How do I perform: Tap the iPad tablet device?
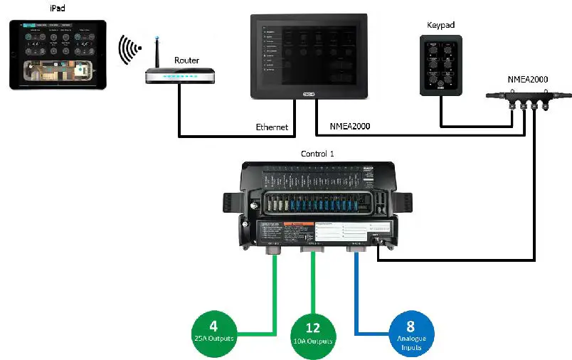tap(58, 54)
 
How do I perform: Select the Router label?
tap(186, 60)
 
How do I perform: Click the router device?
tap(179, 76)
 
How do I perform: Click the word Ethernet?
tap(272, 127)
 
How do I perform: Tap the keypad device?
tap(442, 65)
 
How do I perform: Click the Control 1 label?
tap(318, 154)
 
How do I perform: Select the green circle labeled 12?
tap(313, 334)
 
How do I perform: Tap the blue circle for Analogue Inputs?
tap(411, 332)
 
